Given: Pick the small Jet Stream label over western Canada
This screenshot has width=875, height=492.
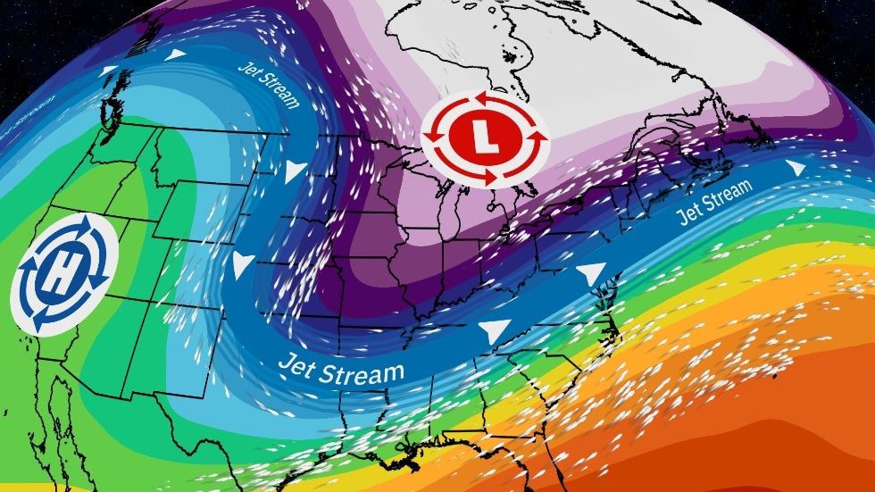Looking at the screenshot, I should pyautogui.click(x=267, y=84).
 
